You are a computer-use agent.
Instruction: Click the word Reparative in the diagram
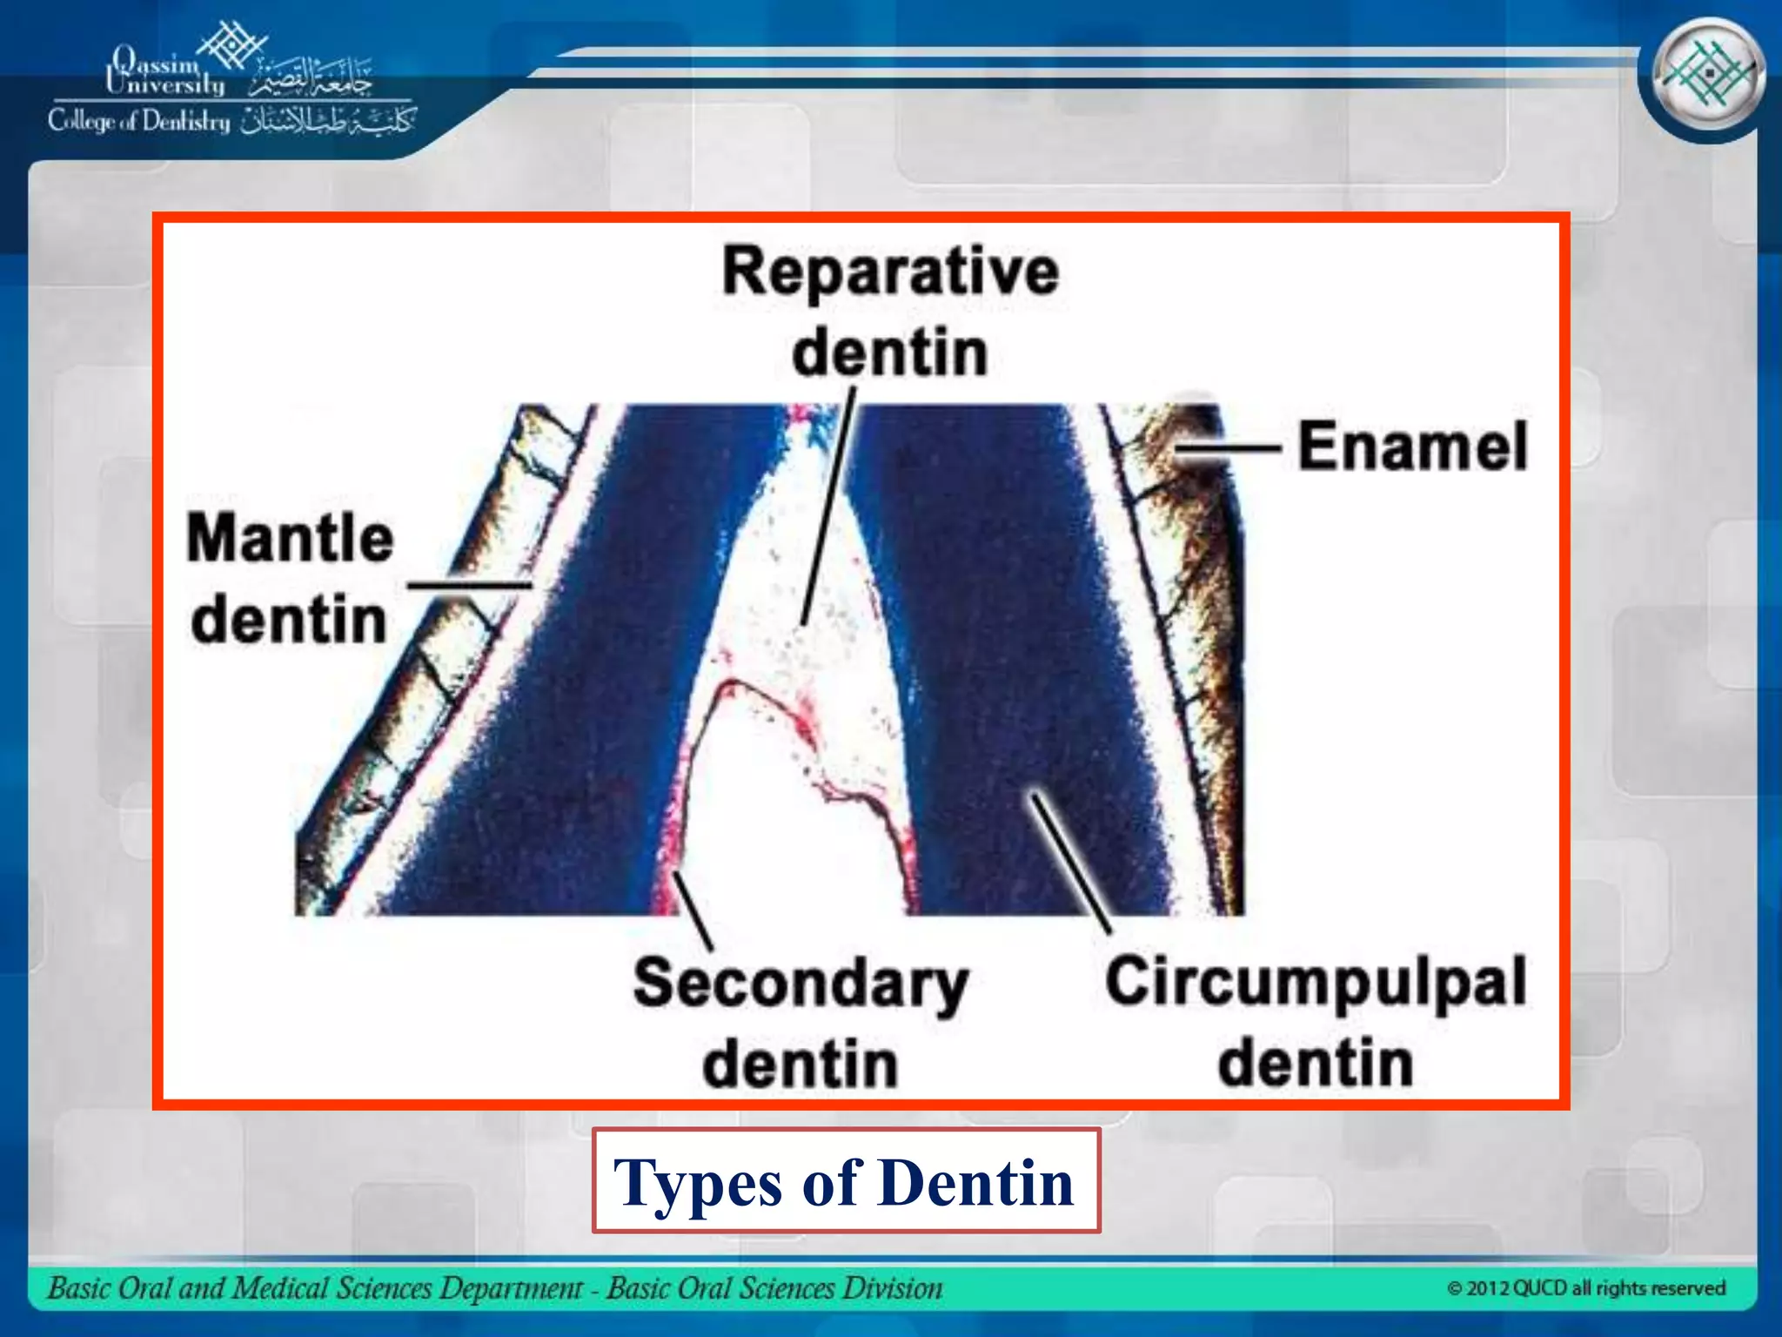pyautogui.click(x=890, y=272)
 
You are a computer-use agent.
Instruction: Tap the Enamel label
pyautogui.click(x=1412, y=447)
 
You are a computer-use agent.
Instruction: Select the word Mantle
pyautogui.click(x=290, y=538)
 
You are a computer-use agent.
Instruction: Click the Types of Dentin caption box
pyautogui.click(x=846, y=1181)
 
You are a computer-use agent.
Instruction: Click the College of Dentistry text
pyautogui.click(x=139, y=121)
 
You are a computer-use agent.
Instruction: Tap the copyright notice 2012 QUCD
pyautogui.click(x=1585, y=1288)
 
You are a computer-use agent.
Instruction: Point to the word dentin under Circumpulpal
pyautogui.click(x=1316, y=1064)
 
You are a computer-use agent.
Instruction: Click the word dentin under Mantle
pyautogui.click(x=288, y=620)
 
